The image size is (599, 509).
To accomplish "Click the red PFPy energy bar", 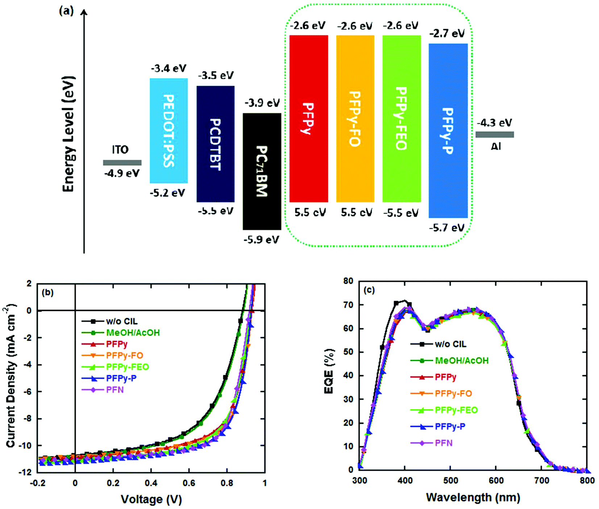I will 308,119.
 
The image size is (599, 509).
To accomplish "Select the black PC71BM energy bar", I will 262,171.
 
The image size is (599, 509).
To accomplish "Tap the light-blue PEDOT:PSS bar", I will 169,131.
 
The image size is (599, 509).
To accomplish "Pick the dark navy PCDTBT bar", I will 215,144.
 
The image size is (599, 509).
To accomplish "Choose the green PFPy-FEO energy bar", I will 402,119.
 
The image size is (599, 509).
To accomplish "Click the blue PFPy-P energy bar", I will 448,131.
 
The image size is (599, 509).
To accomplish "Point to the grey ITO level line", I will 122,163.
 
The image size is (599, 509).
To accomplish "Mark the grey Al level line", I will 495,135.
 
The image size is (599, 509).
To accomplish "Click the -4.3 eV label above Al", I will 495,123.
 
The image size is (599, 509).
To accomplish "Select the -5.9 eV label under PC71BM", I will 261,240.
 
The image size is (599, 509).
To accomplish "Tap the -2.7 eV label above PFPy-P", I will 447,33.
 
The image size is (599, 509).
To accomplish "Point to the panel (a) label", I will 66,11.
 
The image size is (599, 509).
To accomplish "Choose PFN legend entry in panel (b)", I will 115,390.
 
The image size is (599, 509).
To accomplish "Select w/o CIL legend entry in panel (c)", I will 450,344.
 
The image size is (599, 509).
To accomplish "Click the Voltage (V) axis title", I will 151,499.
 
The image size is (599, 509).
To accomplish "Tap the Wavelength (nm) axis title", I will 473,497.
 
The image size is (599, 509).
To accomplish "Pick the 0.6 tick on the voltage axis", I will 189,483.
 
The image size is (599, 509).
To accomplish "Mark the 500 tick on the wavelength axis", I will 450,481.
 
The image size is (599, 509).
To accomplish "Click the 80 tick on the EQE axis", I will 348,281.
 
